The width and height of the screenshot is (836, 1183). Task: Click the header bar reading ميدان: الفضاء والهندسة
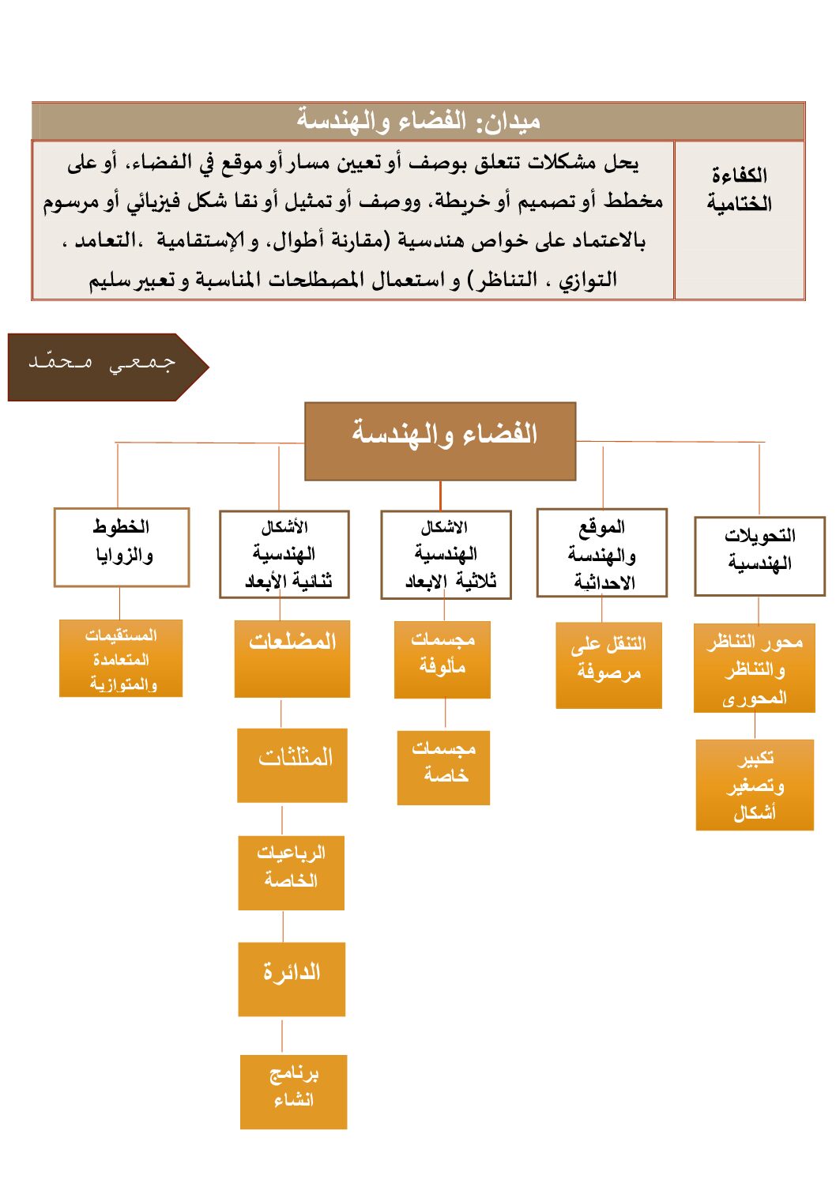pos(418,121)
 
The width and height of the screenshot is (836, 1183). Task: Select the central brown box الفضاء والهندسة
pos(440,441)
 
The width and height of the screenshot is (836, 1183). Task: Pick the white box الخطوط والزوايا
pos(122,547)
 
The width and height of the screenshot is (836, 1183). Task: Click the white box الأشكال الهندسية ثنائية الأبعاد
pos(284,554)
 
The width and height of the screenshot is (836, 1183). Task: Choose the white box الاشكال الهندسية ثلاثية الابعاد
pos(446,555)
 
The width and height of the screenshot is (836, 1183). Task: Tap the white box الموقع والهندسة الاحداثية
pos(601,552)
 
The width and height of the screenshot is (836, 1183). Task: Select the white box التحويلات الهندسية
pos(759,556)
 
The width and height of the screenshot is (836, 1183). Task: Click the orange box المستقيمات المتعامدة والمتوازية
pos(121,658)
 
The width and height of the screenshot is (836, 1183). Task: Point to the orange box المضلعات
pos(292,658)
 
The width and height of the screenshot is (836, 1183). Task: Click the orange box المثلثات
pos(292,765)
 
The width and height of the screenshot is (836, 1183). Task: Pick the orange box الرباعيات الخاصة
pos(291,872)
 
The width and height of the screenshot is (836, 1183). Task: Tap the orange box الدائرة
pos(292,978)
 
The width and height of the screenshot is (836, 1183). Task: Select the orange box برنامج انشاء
pos(293,1091)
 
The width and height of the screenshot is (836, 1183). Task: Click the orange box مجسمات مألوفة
pos(442,660)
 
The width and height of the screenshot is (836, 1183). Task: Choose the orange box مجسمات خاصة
pos(443,767)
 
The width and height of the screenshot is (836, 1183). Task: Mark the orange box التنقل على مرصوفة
pos(608,665)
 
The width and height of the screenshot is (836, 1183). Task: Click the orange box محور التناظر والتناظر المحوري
pos(755,669)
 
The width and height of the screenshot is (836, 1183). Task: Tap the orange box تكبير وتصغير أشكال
pos(755,785)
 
